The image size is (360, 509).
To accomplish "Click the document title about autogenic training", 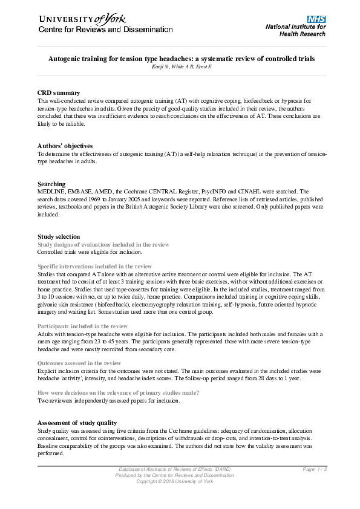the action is [182, 59].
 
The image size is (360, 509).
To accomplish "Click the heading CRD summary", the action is [59, 92].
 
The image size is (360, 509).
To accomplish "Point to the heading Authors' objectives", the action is [65, 146].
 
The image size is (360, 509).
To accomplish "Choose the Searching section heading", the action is [51, 184].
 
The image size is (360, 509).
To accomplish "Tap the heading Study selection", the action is [59, 236].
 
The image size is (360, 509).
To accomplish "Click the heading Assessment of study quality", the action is [77, 422].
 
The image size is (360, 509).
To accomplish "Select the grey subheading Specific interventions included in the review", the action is [94, 266].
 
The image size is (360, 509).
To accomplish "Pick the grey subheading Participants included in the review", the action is [82, 326].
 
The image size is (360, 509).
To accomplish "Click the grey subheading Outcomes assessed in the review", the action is [79, 363].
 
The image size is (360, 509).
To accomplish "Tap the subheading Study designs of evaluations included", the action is [103, 244].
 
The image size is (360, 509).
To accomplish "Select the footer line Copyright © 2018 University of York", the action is [174, 481].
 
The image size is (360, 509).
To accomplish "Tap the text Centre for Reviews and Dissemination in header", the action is [105, 30].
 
